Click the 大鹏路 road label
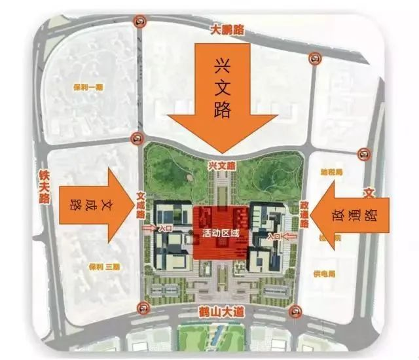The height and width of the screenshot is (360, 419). point(227,29)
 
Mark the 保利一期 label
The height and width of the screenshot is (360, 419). point(88,86)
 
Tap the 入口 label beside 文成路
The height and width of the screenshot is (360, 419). point(166,228)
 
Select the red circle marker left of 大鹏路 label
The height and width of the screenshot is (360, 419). point(139,22)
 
